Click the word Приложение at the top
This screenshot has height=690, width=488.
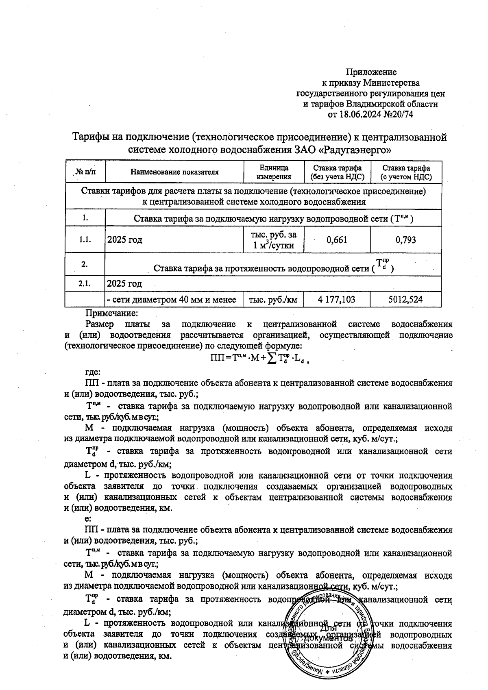pos(371,72)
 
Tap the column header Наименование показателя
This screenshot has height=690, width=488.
pos(174,172)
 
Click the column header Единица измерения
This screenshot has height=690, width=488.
pos(274,172)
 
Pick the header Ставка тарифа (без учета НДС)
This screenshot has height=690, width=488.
pos(337,172)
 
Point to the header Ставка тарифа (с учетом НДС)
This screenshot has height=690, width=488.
pos(406,172)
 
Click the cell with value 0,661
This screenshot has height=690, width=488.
pos(337,240)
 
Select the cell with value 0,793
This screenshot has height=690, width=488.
pos(406,240)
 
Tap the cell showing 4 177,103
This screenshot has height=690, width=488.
pos(337,300)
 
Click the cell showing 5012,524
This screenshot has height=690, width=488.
pos(406,300)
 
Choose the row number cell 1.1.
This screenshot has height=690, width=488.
pos(85,240)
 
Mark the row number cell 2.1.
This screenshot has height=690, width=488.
pos(85,284)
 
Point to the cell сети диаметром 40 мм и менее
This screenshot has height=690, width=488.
pos(171,300)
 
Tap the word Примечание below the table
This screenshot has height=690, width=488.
pos(112,313)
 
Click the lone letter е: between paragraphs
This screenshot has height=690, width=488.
pos(87,519)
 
